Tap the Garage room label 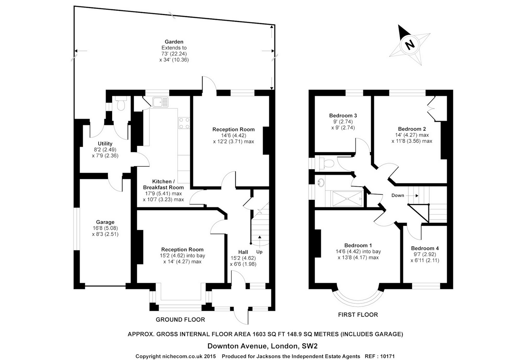[105, 222]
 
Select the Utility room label [105, 144]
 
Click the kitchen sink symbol [160, 102]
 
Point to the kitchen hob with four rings [184, 123]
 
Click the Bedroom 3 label [343, 116]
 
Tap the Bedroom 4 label [425, 248]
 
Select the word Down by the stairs [397, 196]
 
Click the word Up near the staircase [259, 252]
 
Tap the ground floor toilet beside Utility [120, 104]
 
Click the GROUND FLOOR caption [180, 320]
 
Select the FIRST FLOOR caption [357, 315]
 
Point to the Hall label [243, 252]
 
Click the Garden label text [174, 42]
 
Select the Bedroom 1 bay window [357, 298]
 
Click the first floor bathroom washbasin [321, 182]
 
